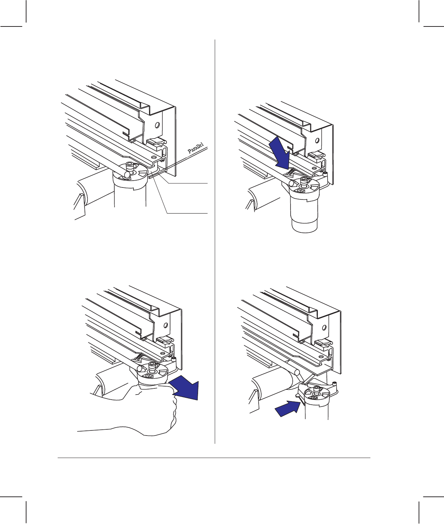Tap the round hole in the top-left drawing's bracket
157,125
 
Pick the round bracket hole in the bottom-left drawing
165,325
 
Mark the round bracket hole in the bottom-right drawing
324,328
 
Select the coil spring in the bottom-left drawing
138,358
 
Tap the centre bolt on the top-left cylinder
130,167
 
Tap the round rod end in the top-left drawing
127,174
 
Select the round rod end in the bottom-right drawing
297,372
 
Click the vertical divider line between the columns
215,242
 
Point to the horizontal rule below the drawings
214,458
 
